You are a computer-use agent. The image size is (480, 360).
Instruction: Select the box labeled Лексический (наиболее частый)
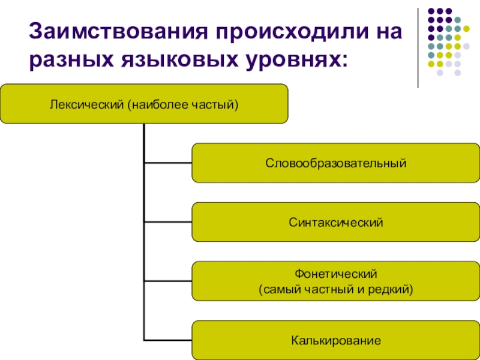pos(144,104)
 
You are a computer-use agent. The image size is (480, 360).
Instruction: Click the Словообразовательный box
pos(335,163)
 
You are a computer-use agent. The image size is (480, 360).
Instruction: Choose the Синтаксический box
pos(335,222)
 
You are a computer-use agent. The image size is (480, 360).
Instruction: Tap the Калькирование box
pos(335,340)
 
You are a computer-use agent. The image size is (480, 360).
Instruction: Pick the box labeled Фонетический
pos(335,281)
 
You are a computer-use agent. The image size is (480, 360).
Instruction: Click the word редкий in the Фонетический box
pos(392,289)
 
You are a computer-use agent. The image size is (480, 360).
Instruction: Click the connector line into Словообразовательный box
pos(168,163)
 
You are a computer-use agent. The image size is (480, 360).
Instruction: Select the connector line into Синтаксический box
pos(168,222)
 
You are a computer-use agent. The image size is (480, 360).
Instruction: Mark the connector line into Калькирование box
pos(168,340)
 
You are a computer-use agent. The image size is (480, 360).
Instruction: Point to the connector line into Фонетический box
pos(168,281)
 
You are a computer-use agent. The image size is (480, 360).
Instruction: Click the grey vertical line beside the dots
pos(419,48)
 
